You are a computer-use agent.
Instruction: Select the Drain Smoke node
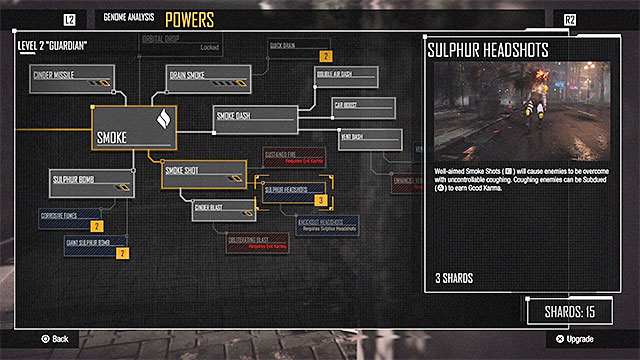point(205,79)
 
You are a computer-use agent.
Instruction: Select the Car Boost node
point(357,106)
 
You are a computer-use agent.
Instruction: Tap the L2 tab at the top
point(69,19)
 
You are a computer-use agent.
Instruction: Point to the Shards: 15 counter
point(571,312)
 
